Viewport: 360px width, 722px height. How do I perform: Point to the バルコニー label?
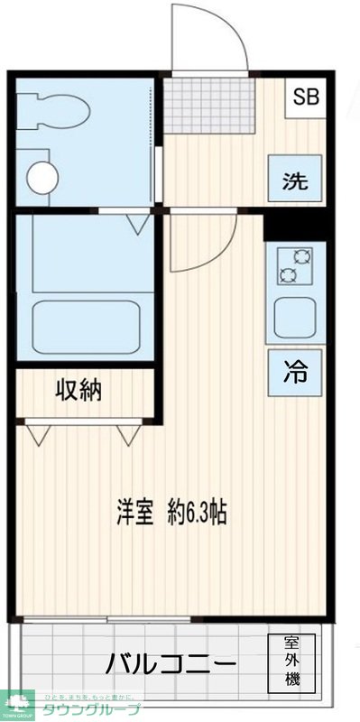[x=171, y=665]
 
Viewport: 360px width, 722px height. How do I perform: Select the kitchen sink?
[x=294, y=317]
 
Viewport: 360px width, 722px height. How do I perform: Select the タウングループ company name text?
[x=93, y=709]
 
